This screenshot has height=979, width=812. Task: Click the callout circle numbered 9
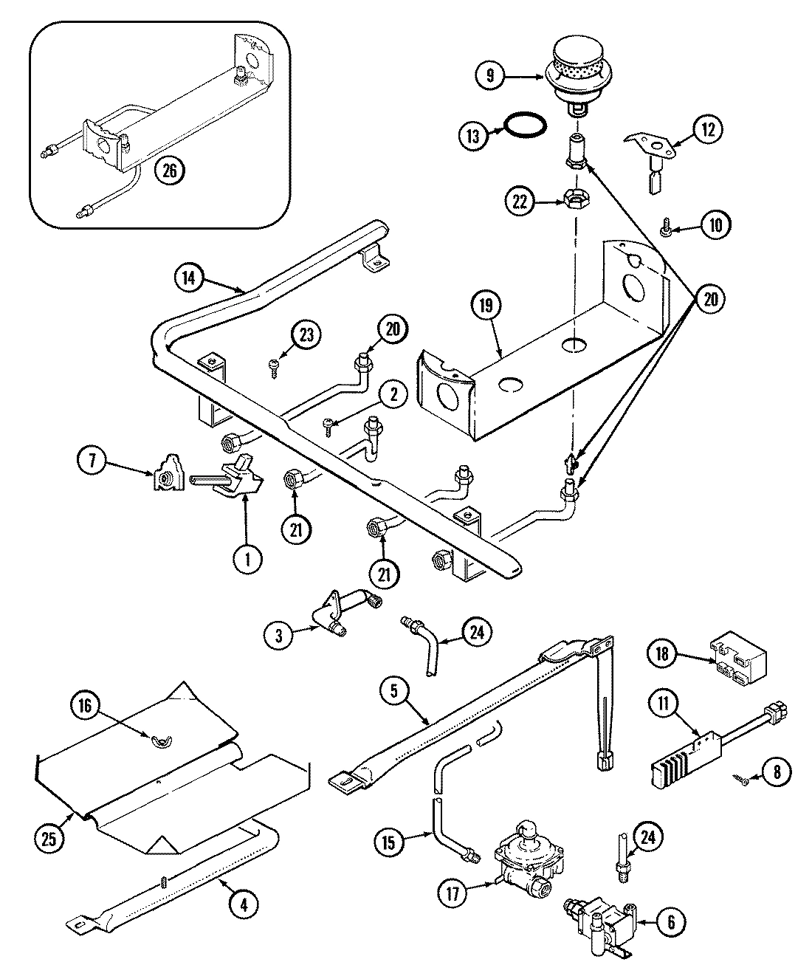490,75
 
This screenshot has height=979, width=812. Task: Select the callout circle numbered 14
190,278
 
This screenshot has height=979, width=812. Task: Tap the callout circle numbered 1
248,559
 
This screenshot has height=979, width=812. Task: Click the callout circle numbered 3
279,637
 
